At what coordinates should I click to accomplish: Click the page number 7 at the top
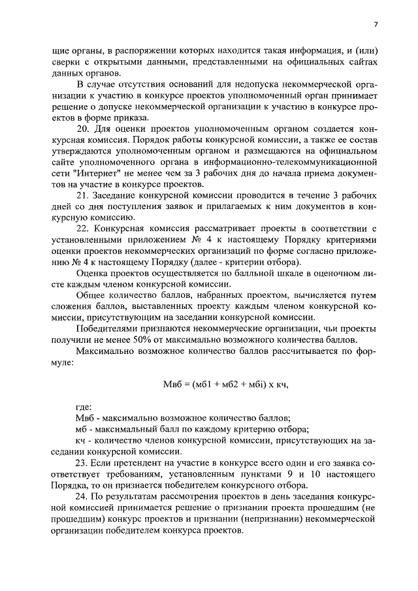375,25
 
